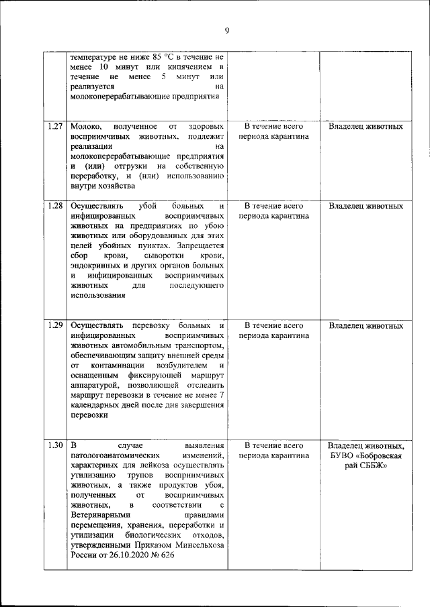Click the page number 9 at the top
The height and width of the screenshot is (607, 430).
(227, 30)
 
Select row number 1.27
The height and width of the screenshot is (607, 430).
(56, 126)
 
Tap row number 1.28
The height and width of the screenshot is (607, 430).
(56, 206)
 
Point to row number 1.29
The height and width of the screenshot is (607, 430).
(56, 326)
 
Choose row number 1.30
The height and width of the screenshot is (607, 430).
(56, 445)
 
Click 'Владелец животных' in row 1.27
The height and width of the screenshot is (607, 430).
(366, 126)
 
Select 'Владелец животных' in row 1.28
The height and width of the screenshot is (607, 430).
(366, 206)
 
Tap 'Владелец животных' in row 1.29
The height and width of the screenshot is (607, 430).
(366, 326)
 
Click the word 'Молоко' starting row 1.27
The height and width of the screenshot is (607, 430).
(85, 126)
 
